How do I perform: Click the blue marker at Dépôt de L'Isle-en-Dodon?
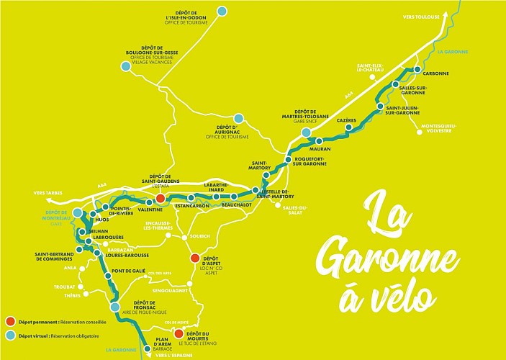pyautogui.click(x=222, y=11)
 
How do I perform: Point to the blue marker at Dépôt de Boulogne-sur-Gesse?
pyautogui.click(x=126, y=66)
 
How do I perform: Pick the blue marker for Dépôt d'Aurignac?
pyautogui.click(x=238, y=117)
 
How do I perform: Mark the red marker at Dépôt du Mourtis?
pyautogui.click(x=178, y=333)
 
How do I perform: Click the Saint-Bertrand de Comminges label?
pyautogui.click(x=58, y=256)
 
